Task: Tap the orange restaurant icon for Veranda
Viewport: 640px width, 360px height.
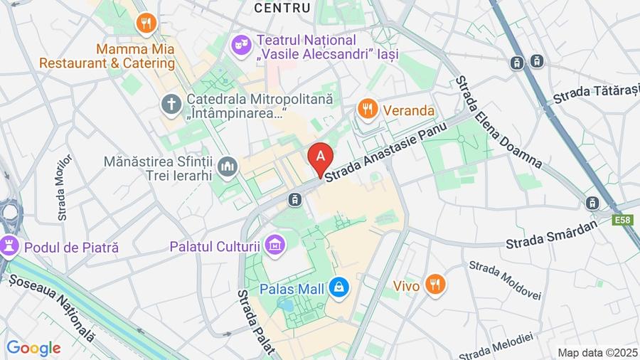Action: (x=367, y=110)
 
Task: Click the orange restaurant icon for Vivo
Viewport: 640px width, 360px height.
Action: (x=435, y=285)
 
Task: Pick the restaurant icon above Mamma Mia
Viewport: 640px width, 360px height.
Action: (x=146, y=23)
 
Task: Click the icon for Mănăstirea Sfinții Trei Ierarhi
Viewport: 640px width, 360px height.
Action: (x=228, y=167)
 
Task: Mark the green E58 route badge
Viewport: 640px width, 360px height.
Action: (x=623, y=221)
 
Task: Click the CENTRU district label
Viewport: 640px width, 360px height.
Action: (x=282, y=8)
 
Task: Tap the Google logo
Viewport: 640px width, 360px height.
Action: (x=33, y=349)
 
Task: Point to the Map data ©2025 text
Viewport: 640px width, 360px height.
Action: (x=597, y=352)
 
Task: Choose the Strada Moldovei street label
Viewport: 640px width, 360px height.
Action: (x=505, y=280)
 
